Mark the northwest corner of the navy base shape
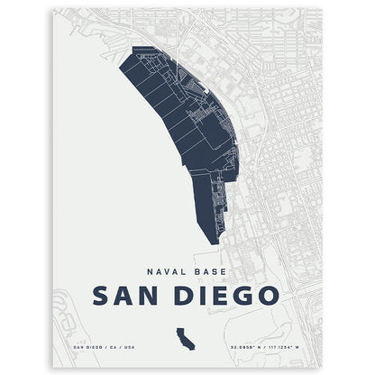[x=133, y=49]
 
